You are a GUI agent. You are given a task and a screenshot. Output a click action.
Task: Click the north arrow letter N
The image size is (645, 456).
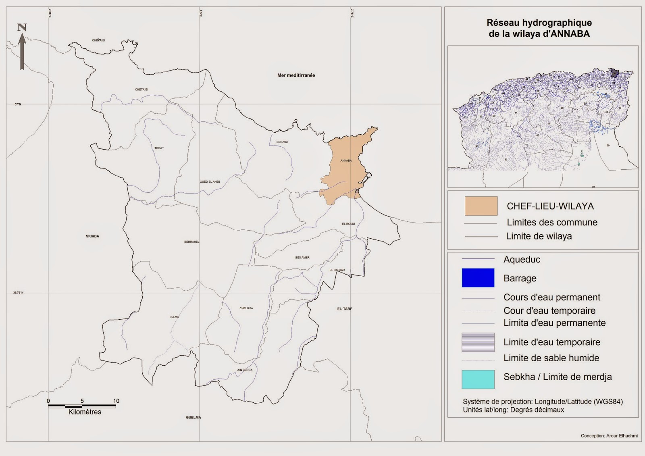22,27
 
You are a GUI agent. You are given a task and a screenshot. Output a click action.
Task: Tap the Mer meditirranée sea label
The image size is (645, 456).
296,75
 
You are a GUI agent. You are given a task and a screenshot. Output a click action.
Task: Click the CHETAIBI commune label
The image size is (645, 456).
141,90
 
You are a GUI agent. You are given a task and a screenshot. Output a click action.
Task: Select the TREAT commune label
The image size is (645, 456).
159,148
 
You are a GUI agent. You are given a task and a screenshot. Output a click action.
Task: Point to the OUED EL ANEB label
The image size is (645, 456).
210,182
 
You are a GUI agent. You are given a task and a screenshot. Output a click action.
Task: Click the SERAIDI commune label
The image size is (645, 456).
282,142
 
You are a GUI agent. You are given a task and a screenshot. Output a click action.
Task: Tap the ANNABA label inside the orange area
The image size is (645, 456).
346,160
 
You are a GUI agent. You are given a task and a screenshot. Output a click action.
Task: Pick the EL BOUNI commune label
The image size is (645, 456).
348,224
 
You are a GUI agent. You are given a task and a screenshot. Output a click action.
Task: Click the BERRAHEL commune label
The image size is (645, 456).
192,242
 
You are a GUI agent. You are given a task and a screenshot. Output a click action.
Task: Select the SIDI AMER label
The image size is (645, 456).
302,258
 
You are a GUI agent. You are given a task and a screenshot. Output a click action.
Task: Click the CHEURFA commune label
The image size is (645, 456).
246,308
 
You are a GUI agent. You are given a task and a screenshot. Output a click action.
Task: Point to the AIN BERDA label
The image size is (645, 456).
245,370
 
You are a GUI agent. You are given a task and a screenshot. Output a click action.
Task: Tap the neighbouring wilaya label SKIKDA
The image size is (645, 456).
92,236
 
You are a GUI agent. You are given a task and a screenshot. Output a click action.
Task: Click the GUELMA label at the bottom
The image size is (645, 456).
193,417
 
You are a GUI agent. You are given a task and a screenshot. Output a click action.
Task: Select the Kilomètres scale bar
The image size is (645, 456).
82,406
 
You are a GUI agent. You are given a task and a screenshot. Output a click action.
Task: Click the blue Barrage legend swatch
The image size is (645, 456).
478,278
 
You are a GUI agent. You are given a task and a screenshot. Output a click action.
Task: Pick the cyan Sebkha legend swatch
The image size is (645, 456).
478,379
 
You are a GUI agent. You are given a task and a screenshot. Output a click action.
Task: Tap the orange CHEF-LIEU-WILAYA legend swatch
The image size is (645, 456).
481,206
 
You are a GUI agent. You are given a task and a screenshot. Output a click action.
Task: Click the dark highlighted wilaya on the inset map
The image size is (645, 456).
614,73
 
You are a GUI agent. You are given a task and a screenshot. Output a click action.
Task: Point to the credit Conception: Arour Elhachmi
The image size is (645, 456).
609,436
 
